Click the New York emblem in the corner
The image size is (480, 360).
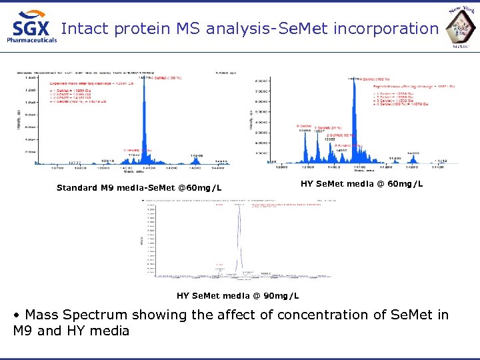(461, 26)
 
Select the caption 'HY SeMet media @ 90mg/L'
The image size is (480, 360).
(237, 295)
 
